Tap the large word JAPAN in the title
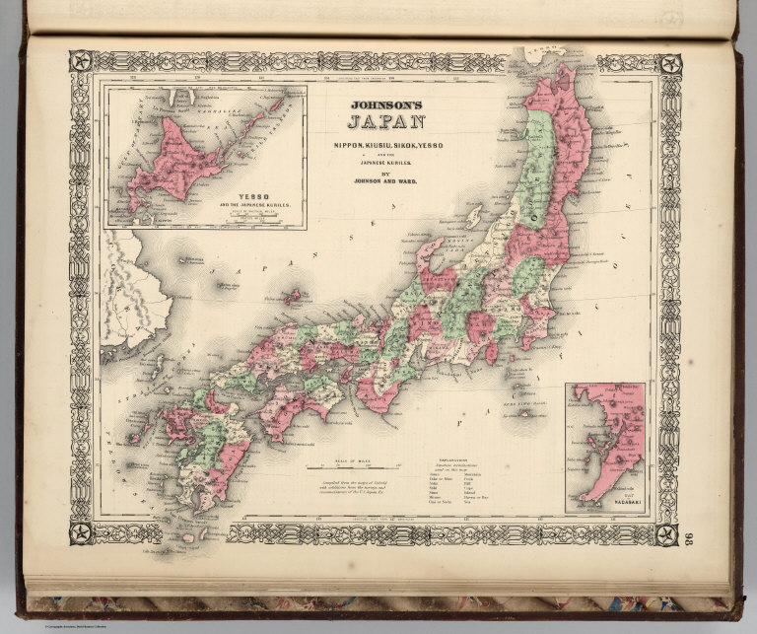(x=386, y=123)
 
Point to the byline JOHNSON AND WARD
(x=386, y=180)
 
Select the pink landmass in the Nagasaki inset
(x=603, y=444)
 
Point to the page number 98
(x=688, y=536)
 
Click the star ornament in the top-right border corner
(x=669, y=64)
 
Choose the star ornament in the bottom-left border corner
(x=81, y=534)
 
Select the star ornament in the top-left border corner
(x=81, y=62)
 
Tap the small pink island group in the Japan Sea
(x=292, y=295)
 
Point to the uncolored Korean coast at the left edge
(x=123, y=296)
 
